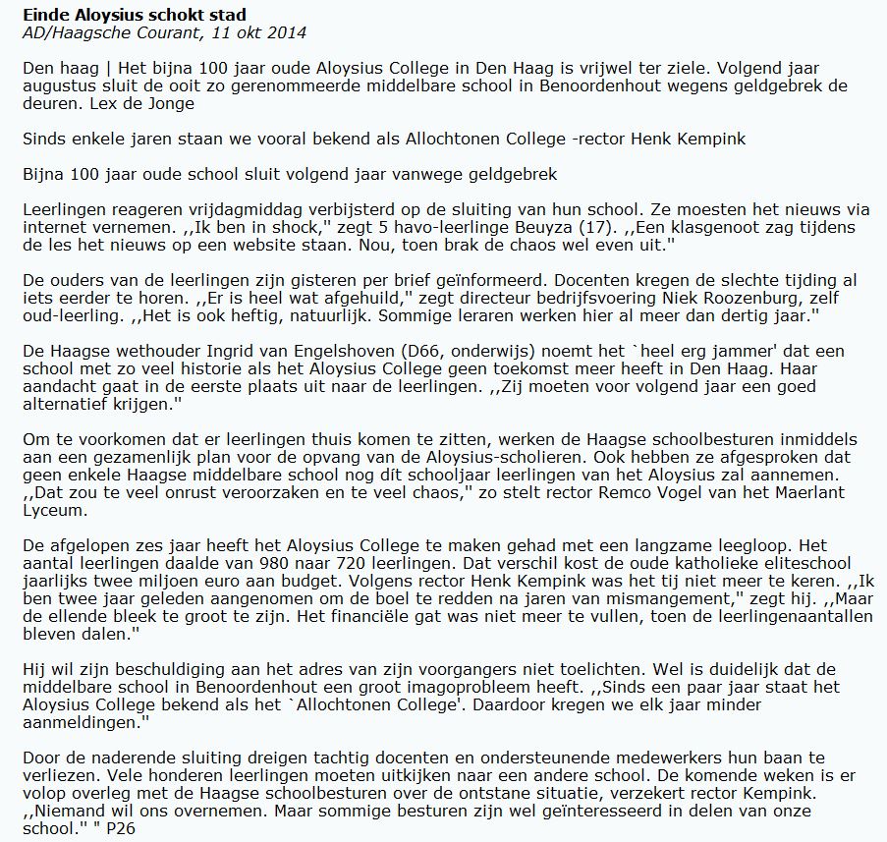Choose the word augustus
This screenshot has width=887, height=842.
58,85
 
